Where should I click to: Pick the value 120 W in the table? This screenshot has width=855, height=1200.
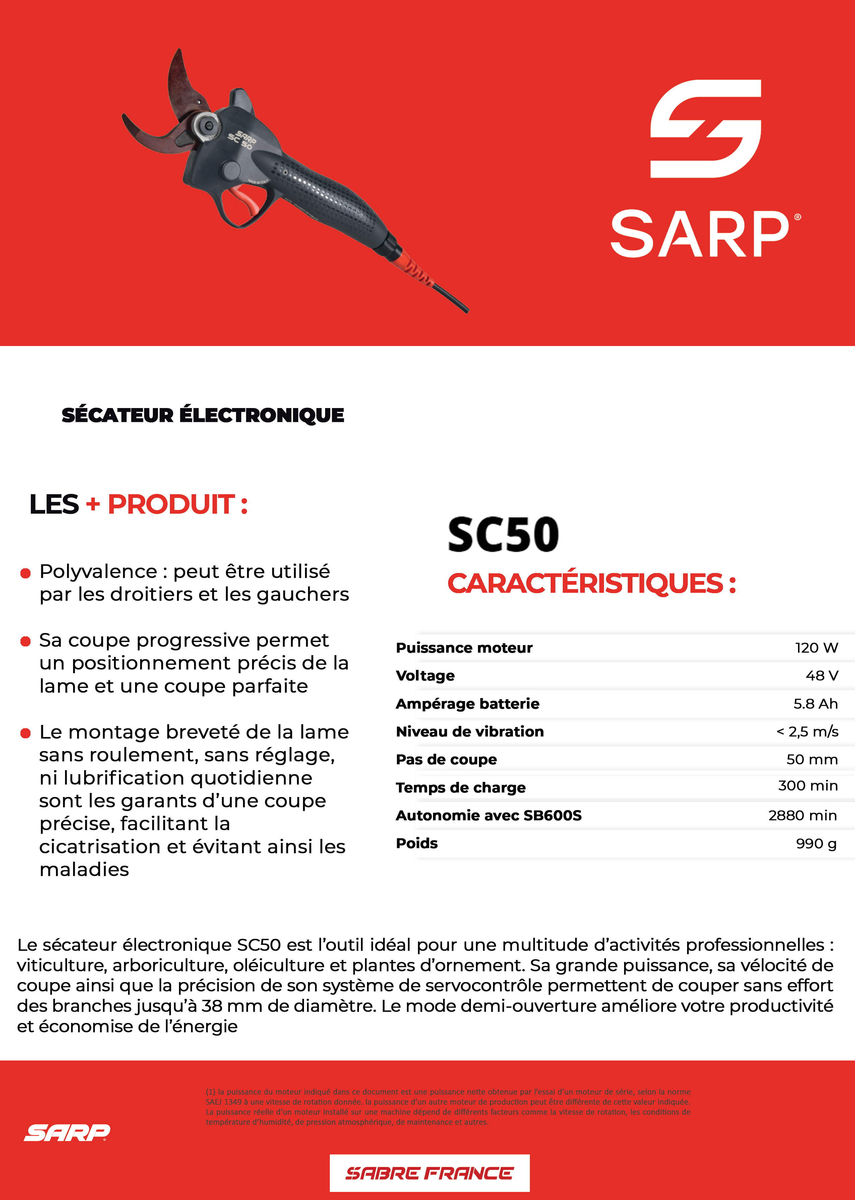coord(816,648)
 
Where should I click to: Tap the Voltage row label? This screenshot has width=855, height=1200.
coord(425,676)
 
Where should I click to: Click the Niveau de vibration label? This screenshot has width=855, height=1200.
coord(470,731)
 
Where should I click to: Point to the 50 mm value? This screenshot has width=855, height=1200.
coord(812,759)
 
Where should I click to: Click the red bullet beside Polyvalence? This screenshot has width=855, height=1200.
coord(25,573)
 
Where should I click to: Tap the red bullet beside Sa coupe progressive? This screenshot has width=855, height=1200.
coord(25,641)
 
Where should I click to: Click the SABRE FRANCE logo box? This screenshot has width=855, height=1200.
coord(429,1173)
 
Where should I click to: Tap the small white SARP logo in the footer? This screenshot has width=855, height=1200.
coord(67,1132)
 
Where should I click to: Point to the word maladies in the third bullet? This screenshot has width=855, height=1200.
coord(84,869)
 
